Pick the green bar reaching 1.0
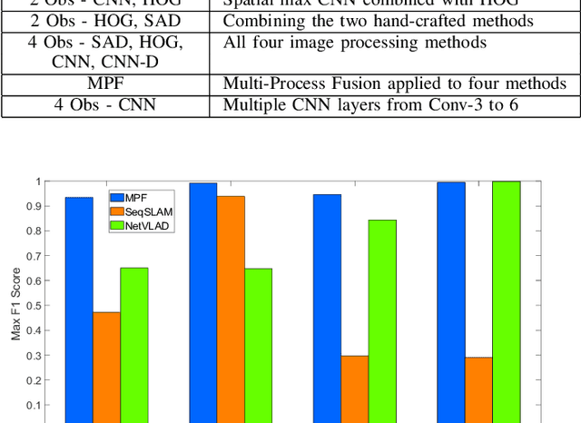pyautogui.click(x=506, y=300)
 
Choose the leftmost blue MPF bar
pyautogui.click(x=79, y=309)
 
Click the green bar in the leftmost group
pyautogui.click(x=134, y=344)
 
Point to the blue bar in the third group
pyautogui.click(x=327, y=307)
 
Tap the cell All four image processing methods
pyautogui.click(x=354, y=43)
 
